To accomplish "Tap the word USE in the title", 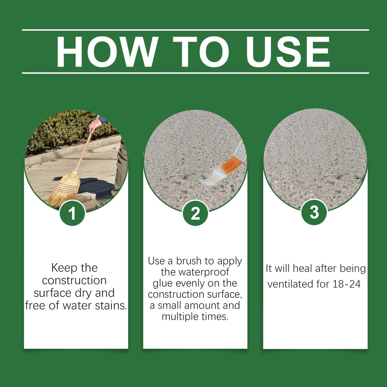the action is [288, 51].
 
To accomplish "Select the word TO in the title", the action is [201, 51].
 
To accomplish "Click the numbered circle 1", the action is [72, 213].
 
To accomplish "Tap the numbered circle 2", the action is [195, 213].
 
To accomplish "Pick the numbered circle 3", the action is [314, 212].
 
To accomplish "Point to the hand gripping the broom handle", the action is [95, 125].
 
